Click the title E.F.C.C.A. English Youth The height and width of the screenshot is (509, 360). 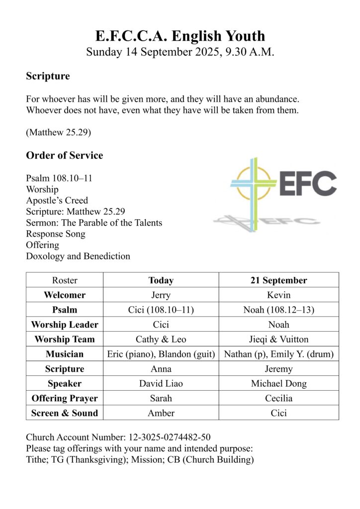[180, 36]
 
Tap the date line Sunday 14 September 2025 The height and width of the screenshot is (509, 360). [180, 52]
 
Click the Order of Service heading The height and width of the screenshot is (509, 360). [65, 156]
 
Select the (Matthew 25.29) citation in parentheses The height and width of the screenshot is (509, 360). [58, 133]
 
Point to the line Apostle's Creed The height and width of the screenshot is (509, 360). [57, 200]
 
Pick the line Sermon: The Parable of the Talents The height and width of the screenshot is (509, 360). [94, 223]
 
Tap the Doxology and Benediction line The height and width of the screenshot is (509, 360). [78, 256]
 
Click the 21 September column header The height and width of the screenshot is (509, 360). [278, 280]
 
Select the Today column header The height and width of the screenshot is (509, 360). [161, 280]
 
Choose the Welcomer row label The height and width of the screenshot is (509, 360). [65, 295]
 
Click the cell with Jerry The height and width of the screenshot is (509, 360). [161, 295]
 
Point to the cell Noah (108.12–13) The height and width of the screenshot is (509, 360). [278, 310]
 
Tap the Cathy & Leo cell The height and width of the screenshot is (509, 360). [161, 339]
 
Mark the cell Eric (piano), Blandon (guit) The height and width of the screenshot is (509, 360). [161, 354]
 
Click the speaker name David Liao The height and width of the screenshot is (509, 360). [161, 384]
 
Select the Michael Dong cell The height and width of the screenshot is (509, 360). [278, 384]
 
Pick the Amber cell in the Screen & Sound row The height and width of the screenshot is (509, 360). [161, 413]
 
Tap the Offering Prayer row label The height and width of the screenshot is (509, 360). [65, 398]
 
